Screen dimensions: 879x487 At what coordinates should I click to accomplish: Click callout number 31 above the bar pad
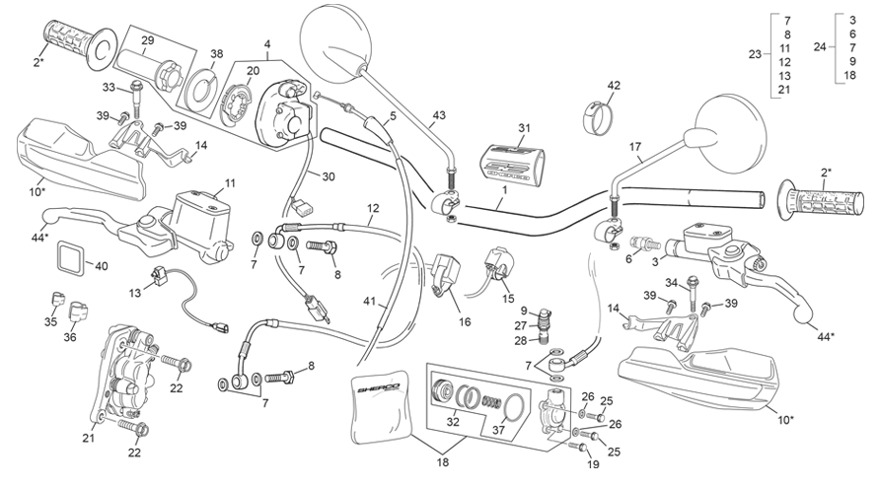[x=524, y=128]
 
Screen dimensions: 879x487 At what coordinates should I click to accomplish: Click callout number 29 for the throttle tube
[x=147, y=40]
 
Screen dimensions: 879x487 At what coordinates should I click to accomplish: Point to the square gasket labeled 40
[x=71, y=259]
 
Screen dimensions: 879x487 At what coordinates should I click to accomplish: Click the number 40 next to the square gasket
[x=101, y=265]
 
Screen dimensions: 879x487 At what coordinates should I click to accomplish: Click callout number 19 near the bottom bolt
[x=593, y=464]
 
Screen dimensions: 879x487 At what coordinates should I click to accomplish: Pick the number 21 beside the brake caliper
[x=89, y=439]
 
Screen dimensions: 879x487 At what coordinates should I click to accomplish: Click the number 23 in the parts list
[x=755, y=54]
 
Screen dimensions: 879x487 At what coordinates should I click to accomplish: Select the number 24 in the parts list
[x=820, y=47]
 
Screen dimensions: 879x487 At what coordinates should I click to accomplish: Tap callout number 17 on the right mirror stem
[x=634, y=147]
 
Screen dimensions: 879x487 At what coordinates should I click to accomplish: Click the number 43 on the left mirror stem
[x=438, y=115]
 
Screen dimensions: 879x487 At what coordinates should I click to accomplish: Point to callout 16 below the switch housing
[x=465, y=321]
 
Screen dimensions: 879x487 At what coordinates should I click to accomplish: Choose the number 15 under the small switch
[x=508, y=299]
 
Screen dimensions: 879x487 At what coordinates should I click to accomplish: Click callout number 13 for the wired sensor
[x=134, y=294]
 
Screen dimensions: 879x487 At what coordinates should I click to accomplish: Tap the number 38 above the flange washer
[x=216, y=54]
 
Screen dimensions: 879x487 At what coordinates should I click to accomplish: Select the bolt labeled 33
[x=136, y=97]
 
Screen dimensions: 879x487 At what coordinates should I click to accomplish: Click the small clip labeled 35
[x=55, y=298]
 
